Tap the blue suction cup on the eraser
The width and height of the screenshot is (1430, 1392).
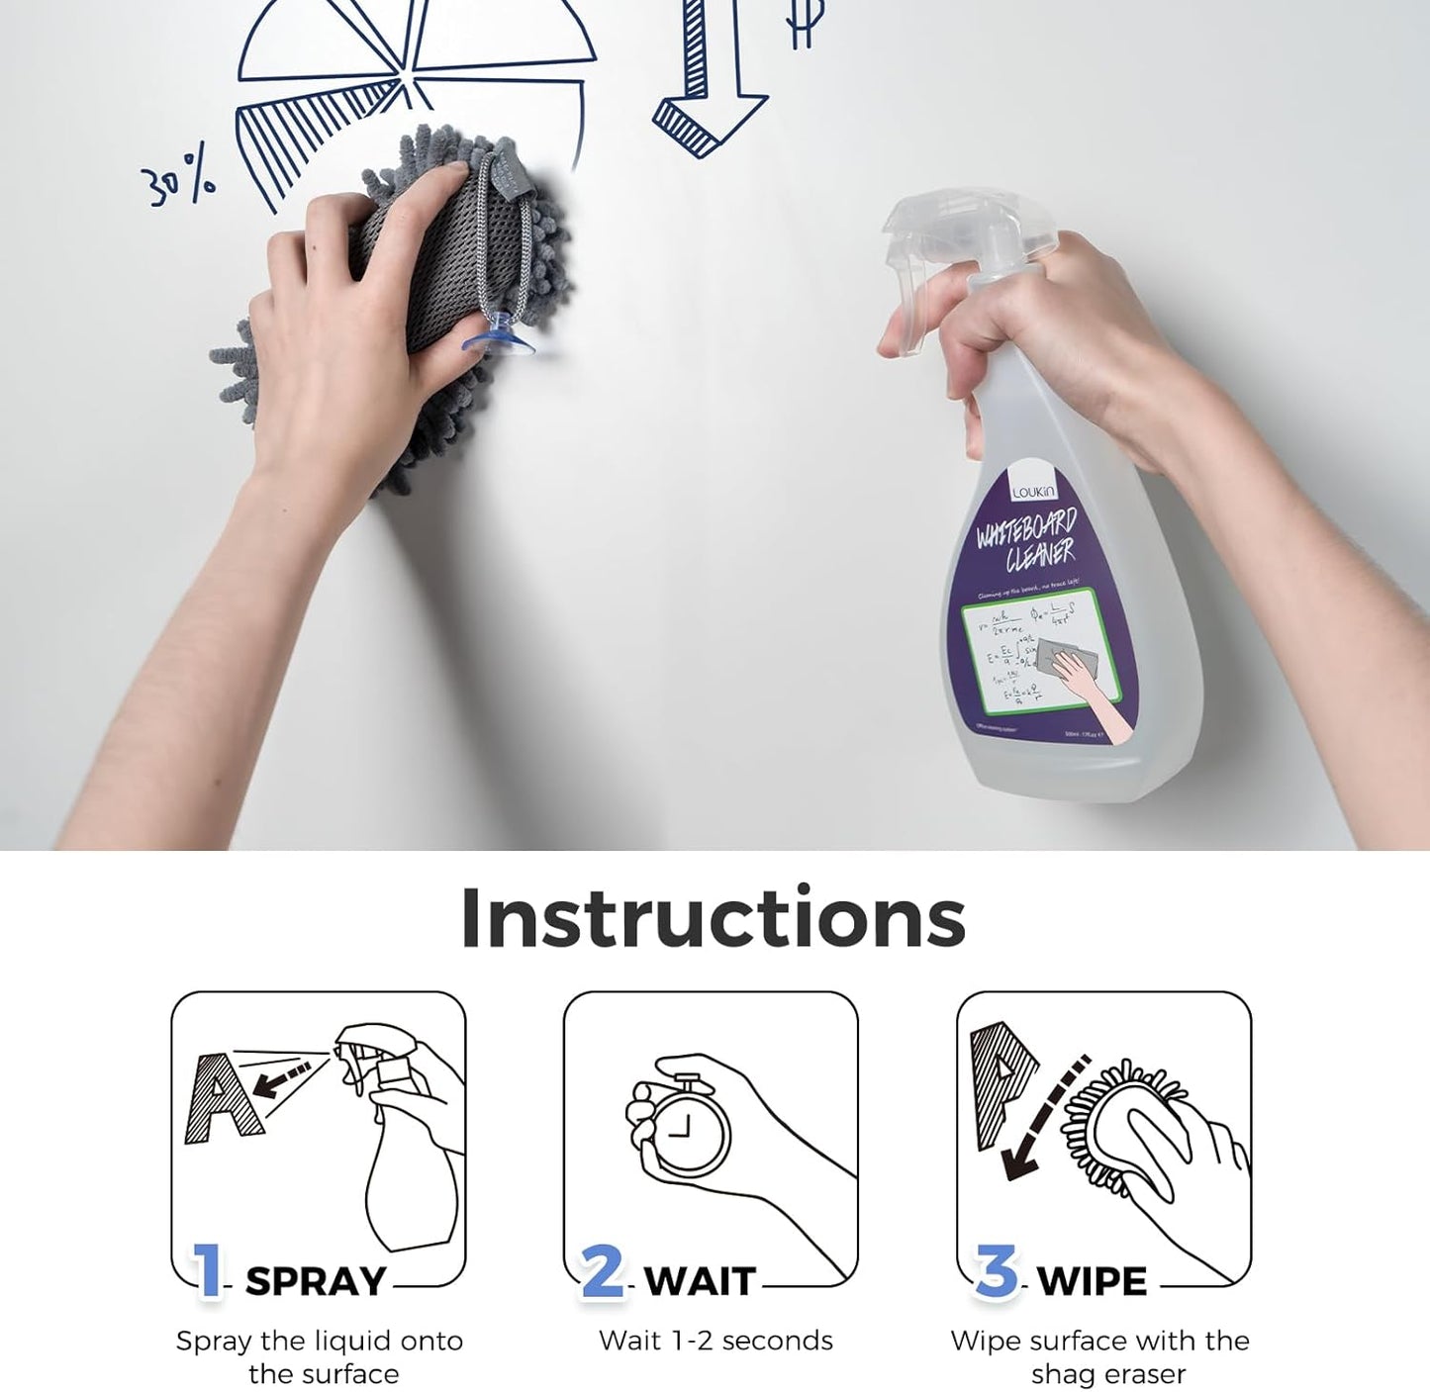point(498,337)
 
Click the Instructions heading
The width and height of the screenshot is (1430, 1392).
point(713,918)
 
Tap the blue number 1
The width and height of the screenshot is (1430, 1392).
point(208,1270)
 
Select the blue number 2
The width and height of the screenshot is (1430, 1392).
point(603,1270)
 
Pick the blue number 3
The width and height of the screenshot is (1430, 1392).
point(997,1270)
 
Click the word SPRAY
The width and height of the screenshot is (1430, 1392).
point(316,1282)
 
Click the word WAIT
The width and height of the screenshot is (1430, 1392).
point(701,1282)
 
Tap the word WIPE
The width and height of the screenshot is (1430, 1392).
point(1093,1282)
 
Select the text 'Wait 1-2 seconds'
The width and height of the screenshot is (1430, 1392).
point(715,1341)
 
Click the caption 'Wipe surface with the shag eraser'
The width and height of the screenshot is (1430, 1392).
point(1099,1357)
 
